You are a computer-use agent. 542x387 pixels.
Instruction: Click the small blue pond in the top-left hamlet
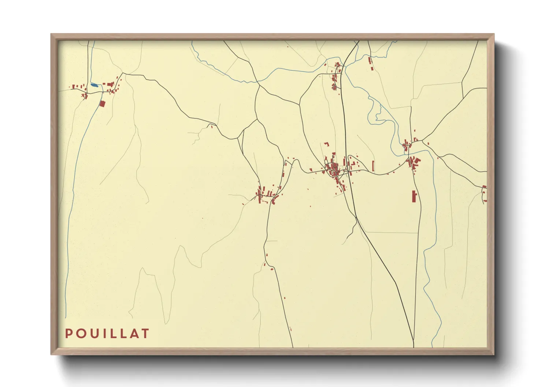94,85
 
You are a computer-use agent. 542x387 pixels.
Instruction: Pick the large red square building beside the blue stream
103,104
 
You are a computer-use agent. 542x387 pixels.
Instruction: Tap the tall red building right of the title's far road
414,196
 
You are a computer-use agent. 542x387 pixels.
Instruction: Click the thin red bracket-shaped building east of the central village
373,166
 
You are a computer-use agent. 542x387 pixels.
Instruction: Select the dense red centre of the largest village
334,169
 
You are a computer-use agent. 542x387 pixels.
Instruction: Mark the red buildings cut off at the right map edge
485,193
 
